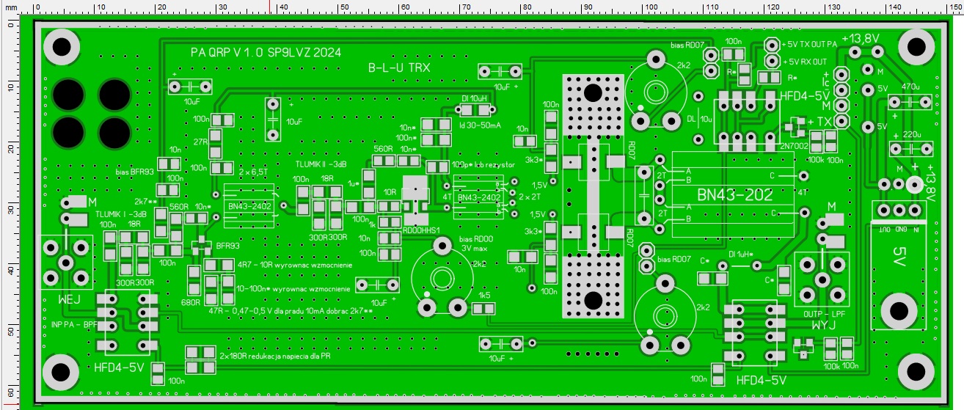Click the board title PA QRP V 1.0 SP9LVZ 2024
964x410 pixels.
pyautogui.click(x=265, y=53)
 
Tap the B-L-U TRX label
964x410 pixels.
pyautogui.click(x=409, y=67)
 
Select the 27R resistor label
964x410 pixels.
pyautogui.click(x=200, y=142)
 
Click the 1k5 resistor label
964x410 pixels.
pyautogui.click(x=484, y=296)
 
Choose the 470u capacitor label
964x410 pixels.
pyautogui.click(x=910, y=87)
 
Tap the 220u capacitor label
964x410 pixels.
pyautogui.click(x=910, y=135)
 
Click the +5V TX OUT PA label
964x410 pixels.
pyautogui.click(x=809, y=44)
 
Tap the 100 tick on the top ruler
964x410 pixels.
pyautogui.click(x=649, y=7)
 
